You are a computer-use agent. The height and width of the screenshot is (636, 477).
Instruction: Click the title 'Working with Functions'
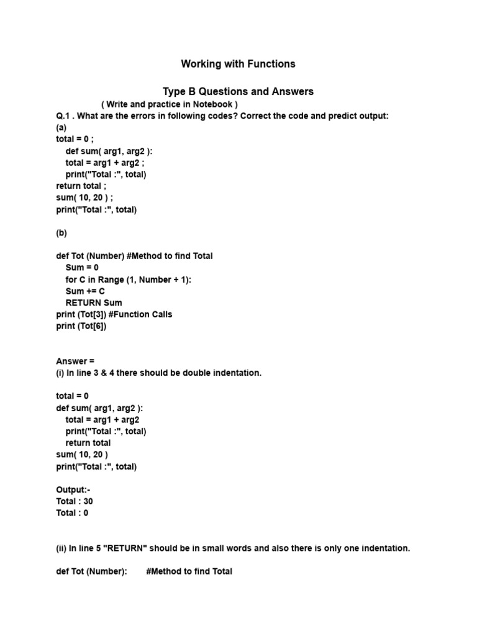[x=238, y=64]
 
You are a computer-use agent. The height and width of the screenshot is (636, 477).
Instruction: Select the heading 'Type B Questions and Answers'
[x=238, y=91]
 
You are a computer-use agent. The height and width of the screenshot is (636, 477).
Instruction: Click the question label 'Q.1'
[x=64, y=116]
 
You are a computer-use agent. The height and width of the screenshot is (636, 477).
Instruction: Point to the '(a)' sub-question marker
[x=61, y=128]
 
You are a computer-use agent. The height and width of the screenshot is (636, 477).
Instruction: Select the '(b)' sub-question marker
[x=61, y=233]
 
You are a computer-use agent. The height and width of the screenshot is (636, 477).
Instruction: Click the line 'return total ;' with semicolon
[x=81, y=186]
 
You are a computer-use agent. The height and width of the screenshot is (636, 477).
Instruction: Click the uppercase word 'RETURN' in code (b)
[x=83, y=302]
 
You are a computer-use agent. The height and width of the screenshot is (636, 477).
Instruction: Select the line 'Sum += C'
[x=85, y=291]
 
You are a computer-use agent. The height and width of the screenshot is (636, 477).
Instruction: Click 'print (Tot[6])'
[x=81, y=326]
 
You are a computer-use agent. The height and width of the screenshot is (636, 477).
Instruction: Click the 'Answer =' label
[x=75, y=361]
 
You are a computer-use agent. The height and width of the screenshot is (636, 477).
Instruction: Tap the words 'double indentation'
[x=219, y=373]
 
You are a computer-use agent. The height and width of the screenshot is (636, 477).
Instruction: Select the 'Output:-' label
[x=73, y=489]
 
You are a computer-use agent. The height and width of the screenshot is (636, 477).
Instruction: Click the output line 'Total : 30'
[x=75, y=501]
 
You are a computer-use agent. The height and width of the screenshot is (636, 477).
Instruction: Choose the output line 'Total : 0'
[x=72, y=513]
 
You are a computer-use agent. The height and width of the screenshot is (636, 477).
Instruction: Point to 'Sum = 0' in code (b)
[x=82, y=268]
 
